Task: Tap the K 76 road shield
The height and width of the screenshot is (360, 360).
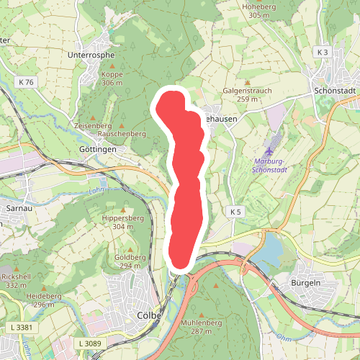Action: [x=27, y=82]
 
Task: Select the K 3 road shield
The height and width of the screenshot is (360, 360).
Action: [x=322, y=53]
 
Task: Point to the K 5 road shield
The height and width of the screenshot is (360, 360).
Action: [x=236, y=211]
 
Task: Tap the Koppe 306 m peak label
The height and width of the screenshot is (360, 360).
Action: [x=112, y=78]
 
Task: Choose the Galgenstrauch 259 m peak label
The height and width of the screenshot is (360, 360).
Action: [x=247, y=94]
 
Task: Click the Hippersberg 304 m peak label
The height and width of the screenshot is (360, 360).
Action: [x=118, y=222]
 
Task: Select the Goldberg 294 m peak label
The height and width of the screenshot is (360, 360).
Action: [x=130, y=261]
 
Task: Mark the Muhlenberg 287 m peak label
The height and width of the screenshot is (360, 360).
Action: [x=201, y=326]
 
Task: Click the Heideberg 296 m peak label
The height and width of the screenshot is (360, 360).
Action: [x=44, y=300]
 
